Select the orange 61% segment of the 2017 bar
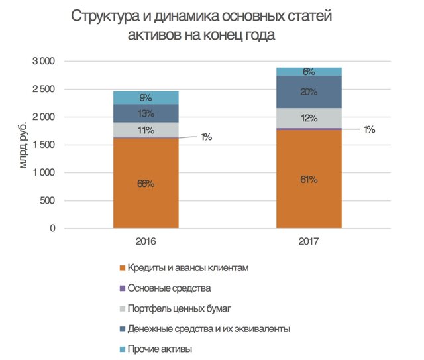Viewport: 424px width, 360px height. (x=308, y=180)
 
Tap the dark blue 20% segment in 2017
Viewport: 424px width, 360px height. (x=308, y=92)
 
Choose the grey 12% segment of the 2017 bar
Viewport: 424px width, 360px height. (x=308, y=118)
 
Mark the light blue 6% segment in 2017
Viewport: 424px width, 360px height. (x=308, y=72)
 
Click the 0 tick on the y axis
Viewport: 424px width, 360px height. (x=52, y=229)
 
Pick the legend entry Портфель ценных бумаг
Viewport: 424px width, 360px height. (x=177, y=308)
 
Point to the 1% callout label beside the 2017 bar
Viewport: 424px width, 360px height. (x=368, y=130)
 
